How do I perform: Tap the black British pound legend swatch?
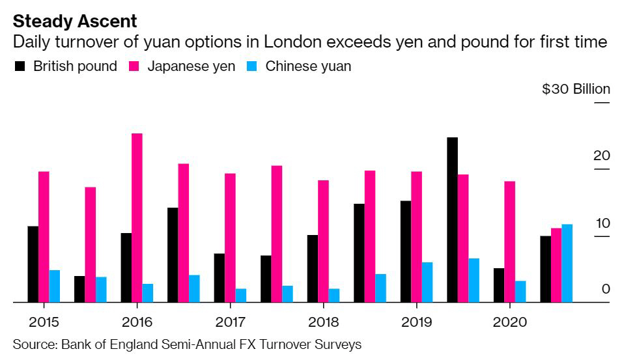point(20,66)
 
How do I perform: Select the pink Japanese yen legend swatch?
point(135,66)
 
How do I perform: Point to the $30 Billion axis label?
point(576,89)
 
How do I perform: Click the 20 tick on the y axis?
point(601,156)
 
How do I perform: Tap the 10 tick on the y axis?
point(601,223)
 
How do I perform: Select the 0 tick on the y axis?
point(606,288)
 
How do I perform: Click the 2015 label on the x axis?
point(44,322)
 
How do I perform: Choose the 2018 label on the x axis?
point(323,322)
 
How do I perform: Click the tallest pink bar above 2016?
point(137,217)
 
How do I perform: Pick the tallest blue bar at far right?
point(567,263)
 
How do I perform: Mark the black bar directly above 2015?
point(33,264)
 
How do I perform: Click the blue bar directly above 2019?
point(427,282)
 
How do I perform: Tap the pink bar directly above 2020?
point(510,242)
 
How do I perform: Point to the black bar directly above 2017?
point(220,277)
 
